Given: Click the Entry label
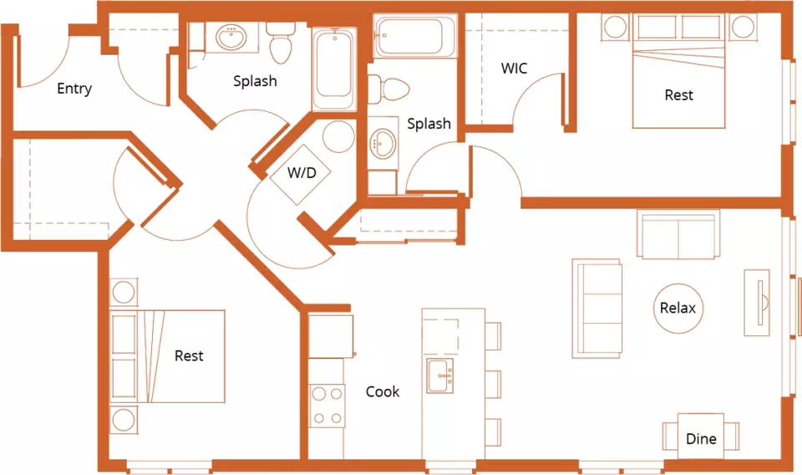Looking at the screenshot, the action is pyautogui.click(x=74, y=89).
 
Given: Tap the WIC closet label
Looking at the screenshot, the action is pyautogui.click(x=514, y=68).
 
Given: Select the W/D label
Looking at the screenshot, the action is pyautogui.click(x=302, y=172).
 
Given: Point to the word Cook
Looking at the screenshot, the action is pyautogui.click(x=383, y=391).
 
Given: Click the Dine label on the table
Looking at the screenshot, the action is pyautogui.click(x=701, y=439).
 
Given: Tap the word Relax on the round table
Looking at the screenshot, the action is pyautogui.click(x=678, y=308).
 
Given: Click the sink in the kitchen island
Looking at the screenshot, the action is pyautogui.click(x=440, y=375).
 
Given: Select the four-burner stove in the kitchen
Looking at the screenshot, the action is pyautogui.click(x=327, y=406).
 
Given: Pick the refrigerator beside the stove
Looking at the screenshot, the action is pyautogui.click(x=331, y=336).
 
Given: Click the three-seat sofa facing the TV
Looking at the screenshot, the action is pyautogui.click(x=596, y=309).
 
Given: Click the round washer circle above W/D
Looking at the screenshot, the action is pyautogui.click(x=338, y=136).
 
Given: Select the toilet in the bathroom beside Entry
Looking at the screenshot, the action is pyautogui.click(x=280, y=43).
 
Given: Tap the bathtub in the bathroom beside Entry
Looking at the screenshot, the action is pyautogui.click(x=334, y=69).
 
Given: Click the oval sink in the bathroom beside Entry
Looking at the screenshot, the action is pyautogui.click(x=231, y=38).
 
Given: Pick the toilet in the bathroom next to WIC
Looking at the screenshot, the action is pyautogui.click(x=388, y=89).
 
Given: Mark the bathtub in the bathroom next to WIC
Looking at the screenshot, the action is pyautogui.click(x=415, y=36).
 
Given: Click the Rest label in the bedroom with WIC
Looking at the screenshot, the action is pyautogui.click(x=678, y=95).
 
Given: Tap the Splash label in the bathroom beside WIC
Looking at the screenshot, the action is pyautogui.click(x=429, y=124).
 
